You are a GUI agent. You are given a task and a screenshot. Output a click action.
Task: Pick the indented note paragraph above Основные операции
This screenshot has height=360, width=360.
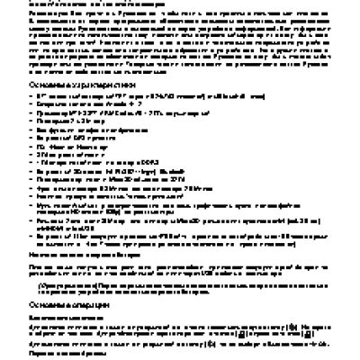click(x=180, y=288)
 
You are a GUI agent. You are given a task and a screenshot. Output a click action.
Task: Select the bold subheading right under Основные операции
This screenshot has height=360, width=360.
click(x=80, y=318)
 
